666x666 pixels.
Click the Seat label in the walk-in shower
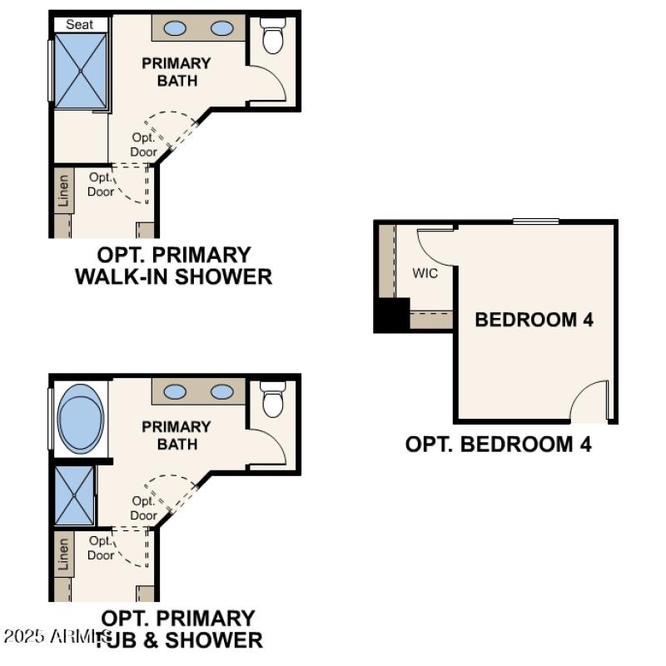tap(80, 24)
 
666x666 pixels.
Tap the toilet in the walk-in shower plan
tap(273, 37)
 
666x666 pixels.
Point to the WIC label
tap(425, 272)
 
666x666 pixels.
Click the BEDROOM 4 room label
tap(534, 319)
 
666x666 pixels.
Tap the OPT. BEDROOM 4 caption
tap(498, 444)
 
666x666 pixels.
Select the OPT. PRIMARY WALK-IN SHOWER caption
tap(173, 266)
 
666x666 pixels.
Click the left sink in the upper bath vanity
tap(175, 28)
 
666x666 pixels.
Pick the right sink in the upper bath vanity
tap(221, 28)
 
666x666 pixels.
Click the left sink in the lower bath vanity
tap(175, 391)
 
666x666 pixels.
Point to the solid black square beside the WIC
tap(391, 315)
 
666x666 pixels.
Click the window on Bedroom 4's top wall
tap(535, 221)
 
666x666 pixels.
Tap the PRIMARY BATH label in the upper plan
tap(176, 72)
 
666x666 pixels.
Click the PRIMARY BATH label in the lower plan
tap(176, 435)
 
